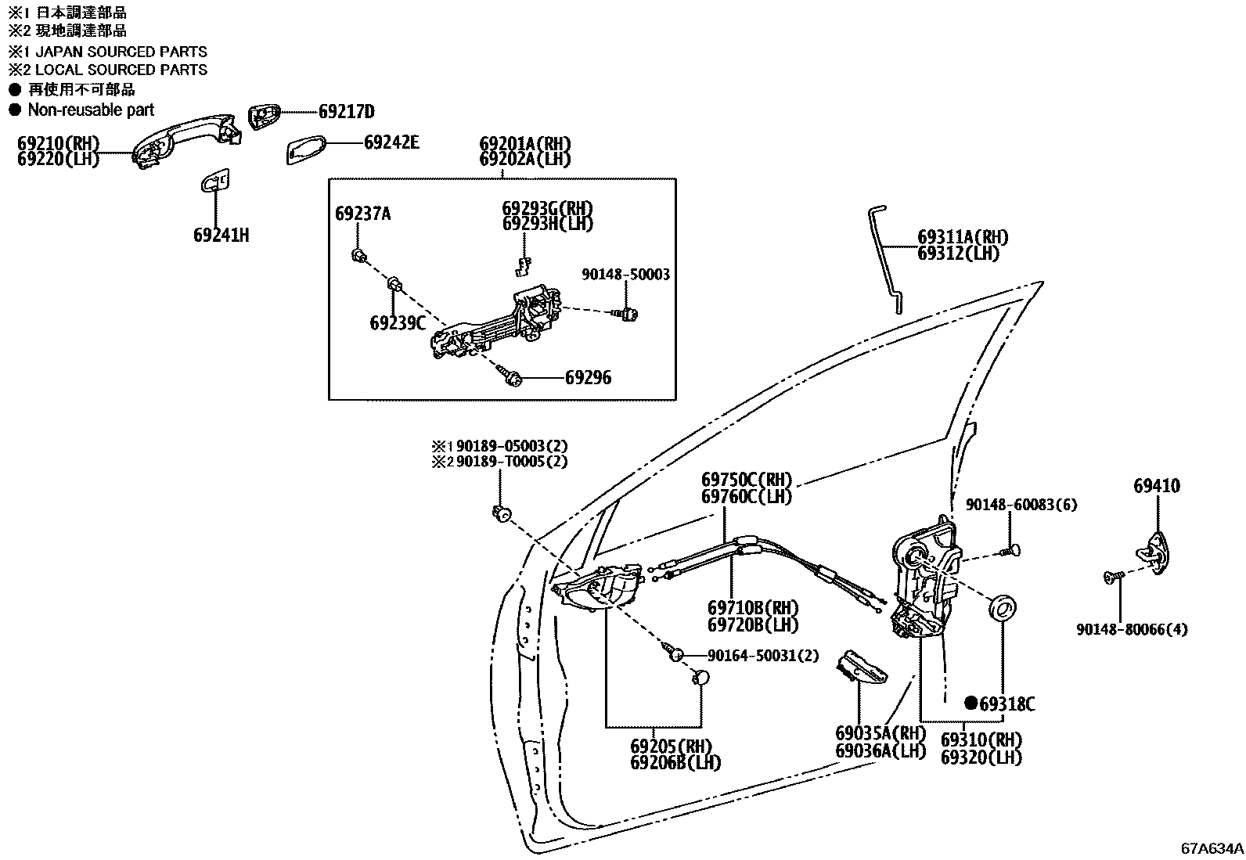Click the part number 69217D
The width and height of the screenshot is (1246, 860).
tap(346, 111)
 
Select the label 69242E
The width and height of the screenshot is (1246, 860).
tap(391, 142)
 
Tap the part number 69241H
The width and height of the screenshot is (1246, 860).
tap(221, 235)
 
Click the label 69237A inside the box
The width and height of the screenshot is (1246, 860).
tap(362, 214)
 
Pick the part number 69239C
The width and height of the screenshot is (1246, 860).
tap(398, 322)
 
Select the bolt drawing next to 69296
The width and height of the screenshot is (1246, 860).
tap(513, 378)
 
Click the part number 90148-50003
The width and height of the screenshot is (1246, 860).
tap(625, 275)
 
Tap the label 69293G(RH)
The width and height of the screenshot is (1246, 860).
tap(547, 209)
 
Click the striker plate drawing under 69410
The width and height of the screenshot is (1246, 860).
tap(1157, 548)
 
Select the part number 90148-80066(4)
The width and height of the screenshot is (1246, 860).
tap(1131, 629)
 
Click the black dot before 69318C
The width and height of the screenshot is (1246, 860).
tap(971, 703)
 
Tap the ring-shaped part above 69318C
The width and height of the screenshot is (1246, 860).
tap(1003, 608)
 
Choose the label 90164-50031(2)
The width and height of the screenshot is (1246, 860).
tap(762, 655)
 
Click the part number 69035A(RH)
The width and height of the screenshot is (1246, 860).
tap(880, 733)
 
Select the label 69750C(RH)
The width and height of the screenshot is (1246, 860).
tap(746, 480)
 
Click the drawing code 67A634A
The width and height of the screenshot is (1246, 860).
tap(1212, 847)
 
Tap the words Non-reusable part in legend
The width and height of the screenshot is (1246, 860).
tap(91, 110)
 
